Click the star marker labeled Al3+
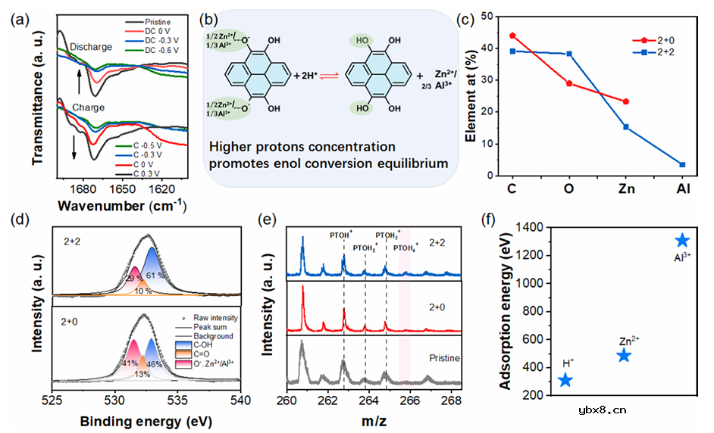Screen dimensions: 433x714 click(682, 240)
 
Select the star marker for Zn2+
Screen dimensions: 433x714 click(624, 355)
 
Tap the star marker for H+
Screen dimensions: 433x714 click(565, 380)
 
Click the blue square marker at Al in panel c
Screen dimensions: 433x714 click(682, 164)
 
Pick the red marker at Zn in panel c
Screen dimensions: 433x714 click(626, 101)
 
